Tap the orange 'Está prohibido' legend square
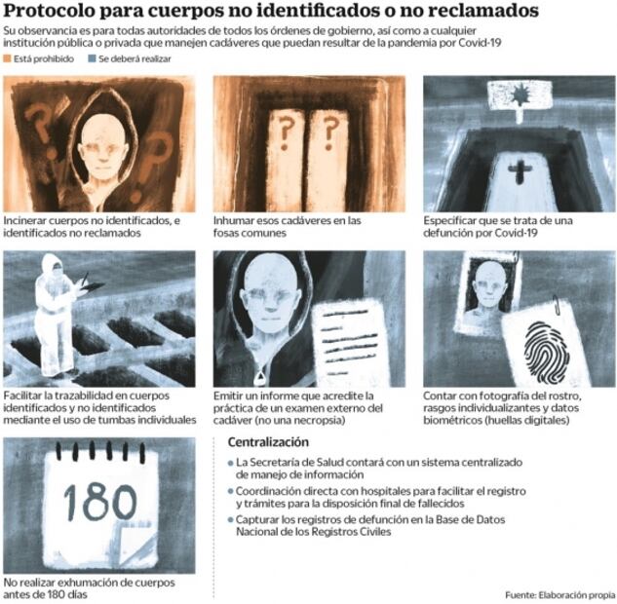pos(9,59)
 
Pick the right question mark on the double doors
pos(331,127)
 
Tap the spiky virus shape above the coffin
pos(518,100)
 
